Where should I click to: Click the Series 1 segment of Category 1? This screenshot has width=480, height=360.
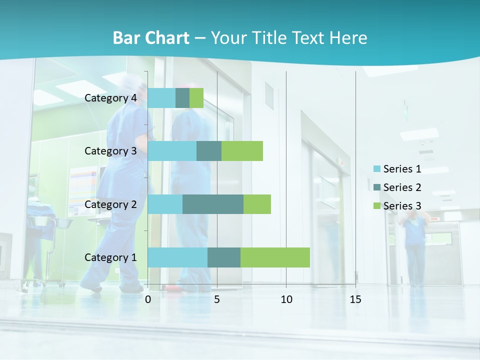click(177, 257)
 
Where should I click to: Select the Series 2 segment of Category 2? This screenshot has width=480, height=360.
click(213, 204)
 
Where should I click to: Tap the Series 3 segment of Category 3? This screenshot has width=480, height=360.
click(242, 151)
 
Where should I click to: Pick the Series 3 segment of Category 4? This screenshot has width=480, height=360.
click(196, 98)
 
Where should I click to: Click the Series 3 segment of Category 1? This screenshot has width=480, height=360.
click(275, 257)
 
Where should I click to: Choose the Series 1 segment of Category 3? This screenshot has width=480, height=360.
click(172, 151)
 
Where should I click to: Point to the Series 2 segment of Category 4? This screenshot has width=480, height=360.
click(182, 98)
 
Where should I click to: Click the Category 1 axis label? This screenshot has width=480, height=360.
click(110, 257)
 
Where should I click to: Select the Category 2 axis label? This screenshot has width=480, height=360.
click(110, 204)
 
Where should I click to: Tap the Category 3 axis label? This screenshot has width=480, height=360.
click(110, 150)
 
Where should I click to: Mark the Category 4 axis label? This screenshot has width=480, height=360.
click(110, 98)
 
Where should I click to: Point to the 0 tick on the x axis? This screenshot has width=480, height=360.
click(148, 299)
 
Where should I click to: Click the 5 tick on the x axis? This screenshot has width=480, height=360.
click(217, 299)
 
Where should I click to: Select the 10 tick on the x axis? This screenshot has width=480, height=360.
click(286, 299)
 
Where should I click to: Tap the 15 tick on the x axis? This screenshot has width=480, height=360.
click(355, 299)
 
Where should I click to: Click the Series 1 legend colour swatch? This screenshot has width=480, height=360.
click(376, 169)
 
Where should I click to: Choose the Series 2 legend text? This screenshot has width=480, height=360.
click(402, 187)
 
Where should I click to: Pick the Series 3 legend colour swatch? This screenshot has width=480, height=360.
click(376, 205)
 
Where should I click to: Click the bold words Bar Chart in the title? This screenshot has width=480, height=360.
click(151, 38)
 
